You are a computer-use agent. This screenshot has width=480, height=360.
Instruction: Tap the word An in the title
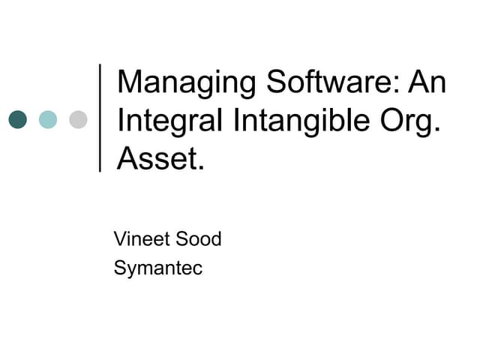coord(427,80)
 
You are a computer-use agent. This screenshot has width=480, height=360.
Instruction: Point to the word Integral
coord(161,120)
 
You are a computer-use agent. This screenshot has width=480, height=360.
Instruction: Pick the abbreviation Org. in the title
coord(411,120)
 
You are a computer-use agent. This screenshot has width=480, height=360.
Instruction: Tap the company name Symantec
coord(158,268)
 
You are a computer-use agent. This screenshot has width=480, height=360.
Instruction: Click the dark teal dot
coord(17,119)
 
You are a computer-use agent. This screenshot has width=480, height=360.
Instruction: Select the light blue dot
coord(48,119)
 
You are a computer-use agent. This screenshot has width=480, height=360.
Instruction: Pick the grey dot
coord(78,119)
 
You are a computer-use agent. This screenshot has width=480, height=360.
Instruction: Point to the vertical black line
coord(100,118)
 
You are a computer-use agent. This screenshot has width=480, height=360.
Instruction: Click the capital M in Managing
coord(130,80)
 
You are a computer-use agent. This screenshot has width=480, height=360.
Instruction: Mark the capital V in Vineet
coord(120,240)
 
